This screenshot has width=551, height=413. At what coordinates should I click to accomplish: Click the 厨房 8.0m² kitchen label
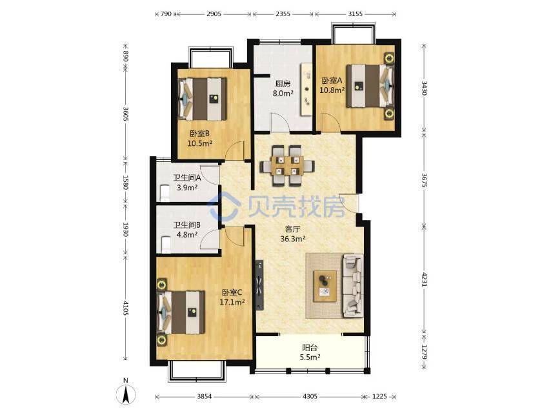click(283, 88)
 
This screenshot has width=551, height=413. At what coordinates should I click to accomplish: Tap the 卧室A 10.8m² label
click(332, 85)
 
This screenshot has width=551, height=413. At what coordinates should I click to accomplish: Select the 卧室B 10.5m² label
click(200, 139)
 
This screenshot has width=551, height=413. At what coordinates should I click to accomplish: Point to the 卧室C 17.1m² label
click(232, 297)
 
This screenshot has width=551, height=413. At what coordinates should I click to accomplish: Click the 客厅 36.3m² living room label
click(293, 234)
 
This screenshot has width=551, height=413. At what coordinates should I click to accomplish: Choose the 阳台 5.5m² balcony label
click(310, 352)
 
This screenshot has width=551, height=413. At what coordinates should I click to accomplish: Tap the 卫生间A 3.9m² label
click(187, 183)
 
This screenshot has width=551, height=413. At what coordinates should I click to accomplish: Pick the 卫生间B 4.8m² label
click(187, 230)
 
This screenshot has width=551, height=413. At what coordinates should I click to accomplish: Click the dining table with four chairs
click(287, 165)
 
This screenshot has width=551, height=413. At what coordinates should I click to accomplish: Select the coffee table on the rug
click(325, 286)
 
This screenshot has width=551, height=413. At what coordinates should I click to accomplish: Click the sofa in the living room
click(353, 285)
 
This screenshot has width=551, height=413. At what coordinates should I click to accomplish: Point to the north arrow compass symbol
click(126, 392)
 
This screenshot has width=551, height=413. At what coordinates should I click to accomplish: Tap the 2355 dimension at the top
click(283, 14)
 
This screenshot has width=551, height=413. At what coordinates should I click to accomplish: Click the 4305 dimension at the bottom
click(310, 396)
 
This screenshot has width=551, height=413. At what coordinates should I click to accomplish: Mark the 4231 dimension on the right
click(425, 279)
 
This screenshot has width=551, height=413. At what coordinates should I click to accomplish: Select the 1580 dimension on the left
click(125, 183)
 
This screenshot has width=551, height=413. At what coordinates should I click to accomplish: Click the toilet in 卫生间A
click(165, 193)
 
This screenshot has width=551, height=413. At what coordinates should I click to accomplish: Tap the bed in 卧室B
click(202, 99)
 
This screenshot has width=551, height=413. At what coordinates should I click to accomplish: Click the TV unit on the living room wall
click(259, 285)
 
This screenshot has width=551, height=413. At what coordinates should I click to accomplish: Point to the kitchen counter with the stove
click(306, 89)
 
